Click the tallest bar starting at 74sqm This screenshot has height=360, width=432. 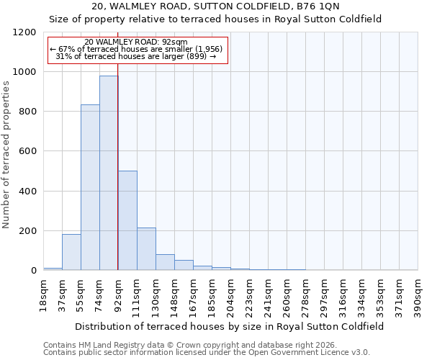(x=109, y=173)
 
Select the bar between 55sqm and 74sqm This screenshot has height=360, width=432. (x=90, y=187)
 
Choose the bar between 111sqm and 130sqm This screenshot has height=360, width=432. (x=146, y=249)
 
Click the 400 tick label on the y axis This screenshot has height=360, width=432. (x=29, y=192)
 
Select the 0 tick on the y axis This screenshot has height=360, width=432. (x=33, y=271)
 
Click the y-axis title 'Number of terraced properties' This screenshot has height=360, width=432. (x=6, y=155)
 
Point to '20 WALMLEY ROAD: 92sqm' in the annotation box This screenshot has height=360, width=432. (x=135, y=42)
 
